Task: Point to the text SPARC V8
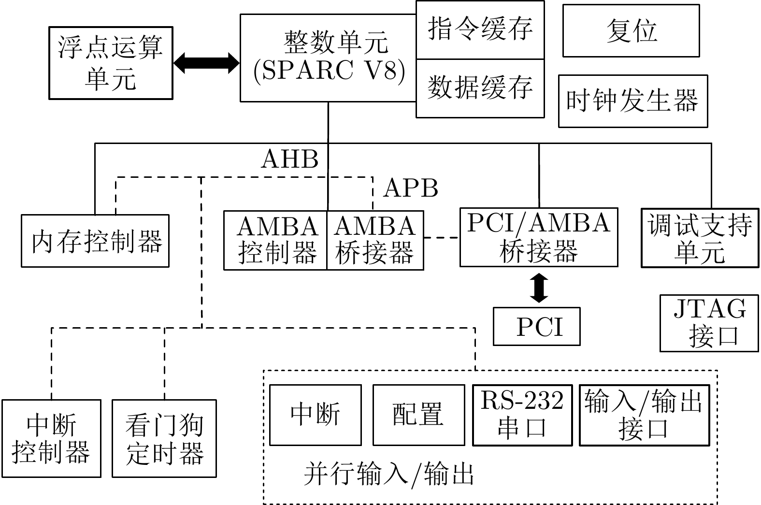329,71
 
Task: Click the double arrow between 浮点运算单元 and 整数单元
207,63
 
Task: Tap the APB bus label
410,188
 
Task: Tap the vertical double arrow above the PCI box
539,288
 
